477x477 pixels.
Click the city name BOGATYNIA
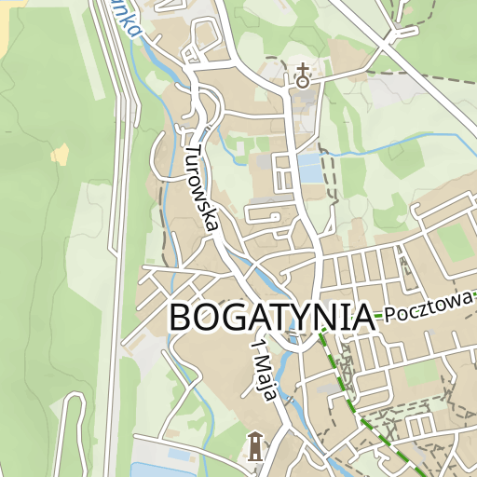click(271, 318)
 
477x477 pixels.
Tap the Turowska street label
click(201, 187)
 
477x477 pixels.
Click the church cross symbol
click(302, 75)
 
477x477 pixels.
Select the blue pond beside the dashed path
click(307, 169)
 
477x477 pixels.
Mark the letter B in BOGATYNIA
click(181, 318)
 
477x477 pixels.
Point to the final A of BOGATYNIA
click(361, 318)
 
